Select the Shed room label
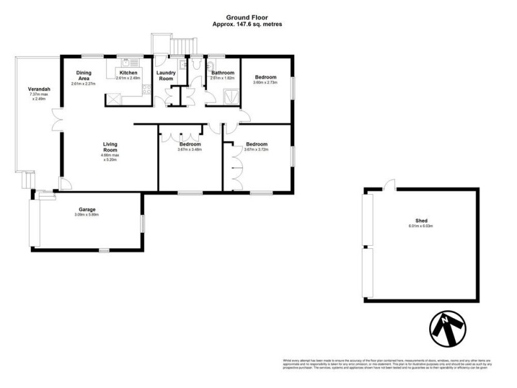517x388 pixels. (420, 221)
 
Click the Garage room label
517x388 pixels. (88, 210)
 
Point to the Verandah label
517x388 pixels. (39, 89)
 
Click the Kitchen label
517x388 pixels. (127, 73)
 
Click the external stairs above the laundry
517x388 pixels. (182, 46)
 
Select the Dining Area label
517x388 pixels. (84, 76)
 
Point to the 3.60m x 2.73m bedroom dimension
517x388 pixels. (264, 82)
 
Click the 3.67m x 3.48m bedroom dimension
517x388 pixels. (190, 149)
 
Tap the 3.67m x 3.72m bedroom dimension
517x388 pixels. (257, 149)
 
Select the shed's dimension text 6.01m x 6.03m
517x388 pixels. (420, 226)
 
